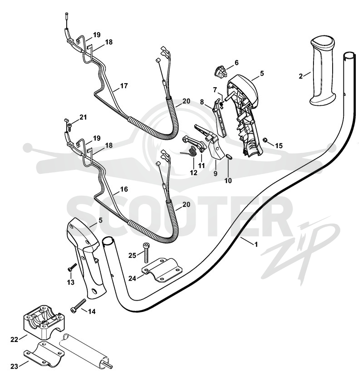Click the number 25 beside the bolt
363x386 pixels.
point(132,256)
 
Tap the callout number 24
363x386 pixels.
point(132,278)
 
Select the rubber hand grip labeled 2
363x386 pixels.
point(323,72)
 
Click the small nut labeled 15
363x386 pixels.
point(265,140)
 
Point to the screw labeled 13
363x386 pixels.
point(72,267)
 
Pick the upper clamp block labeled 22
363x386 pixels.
point(43,320)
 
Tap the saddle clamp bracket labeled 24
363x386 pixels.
point(162,270)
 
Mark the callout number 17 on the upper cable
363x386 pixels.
point(124,86)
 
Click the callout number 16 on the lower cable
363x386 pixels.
point(124,189)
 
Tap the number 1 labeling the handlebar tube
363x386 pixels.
point(256,244)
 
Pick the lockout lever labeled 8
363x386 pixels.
point(220,118)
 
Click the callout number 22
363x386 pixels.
point(14,340)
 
